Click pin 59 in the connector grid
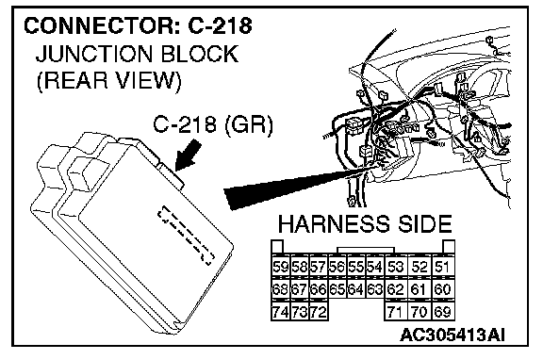tap(280, 267)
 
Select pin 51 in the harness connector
tap(442, 267)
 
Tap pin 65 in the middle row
tap(337, 289)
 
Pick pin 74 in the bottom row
tap(280, 312)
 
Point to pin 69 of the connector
tap(442, 312)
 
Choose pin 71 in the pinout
tap(395, 312)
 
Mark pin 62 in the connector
tap(395, 289)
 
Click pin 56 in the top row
tap(337, 267)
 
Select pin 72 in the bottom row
tap(319, 312)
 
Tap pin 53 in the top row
tap(395, 267)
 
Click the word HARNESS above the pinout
tap(334, 224)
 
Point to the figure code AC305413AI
tap(452, 335)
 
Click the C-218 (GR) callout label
tap(213, 124)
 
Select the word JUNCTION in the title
tap(94, 54)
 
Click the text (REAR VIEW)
tap(109, 81)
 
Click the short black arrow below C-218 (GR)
tap(188, 155)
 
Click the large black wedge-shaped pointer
tap(298, 186)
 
